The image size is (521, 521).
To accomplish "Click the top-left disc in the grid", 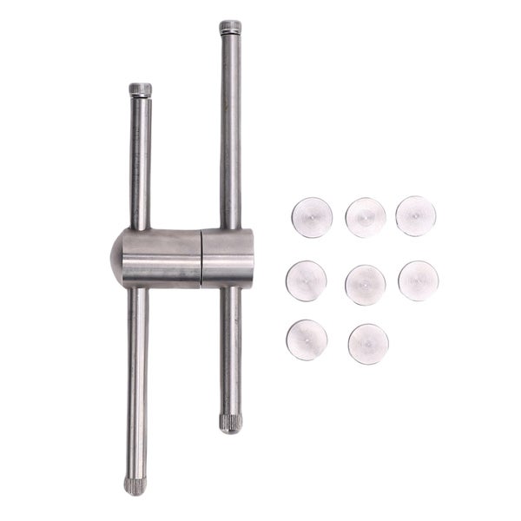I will coord(312,217).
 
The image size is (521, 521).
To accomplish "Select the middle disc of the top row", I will coord(366,217).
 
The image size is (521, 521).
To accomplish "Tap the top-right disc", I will coord(416,216).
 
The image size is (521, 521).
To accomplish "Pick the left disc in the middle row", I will coord(307,280).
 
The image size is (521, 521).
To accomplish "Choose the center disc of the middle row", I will coord(366,285).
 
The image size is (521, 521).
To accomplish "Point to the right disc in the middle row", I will coord(419,280).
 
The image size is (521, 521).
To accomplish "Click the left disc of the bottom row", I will coord(307,340).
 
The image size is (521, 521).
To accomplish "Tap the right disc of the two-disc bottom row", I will coord(368,344).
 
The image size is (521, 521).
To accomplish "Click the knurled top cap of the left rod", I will coord(140,89).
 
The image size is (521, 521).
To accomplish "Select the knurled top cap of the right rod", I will coord(230,27).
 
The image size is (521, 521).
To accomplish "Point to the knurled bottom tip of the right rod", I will coord(230,423).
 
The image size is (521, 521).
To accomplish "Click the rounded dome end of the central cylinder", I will coord(116,259).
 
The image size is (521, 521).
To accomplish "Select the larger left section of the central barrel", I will coord(161,258).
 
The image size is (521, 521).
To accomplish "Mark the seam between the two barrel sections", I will coord(201,258).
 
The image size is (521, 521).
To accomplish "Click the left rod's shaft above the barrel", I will coord(140,165).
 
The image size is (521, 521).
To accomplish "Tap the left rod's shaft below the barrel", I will coord(137,382).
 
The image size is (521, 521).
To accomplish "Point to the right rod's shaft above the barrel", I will coord(230,130).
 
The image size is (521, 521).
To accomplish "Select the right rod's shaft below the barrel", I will coord(230,347).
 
